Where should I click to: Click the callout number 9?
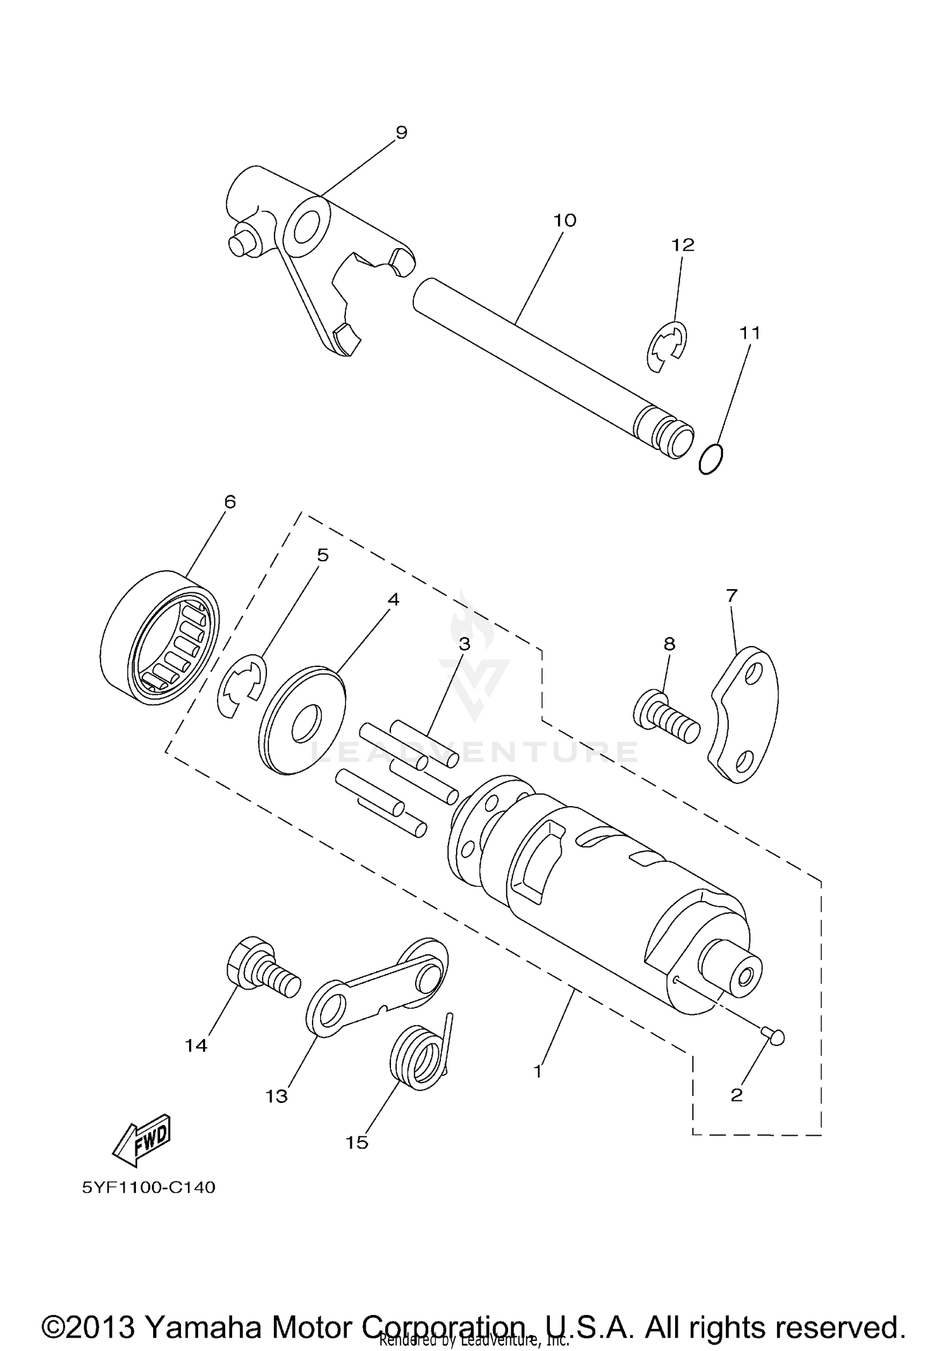point(401,132)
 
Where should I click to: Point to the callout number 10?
point(564,220)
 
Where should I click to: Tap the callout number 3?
point(464,644)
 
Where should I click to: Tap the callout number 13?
point(276,1096)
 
